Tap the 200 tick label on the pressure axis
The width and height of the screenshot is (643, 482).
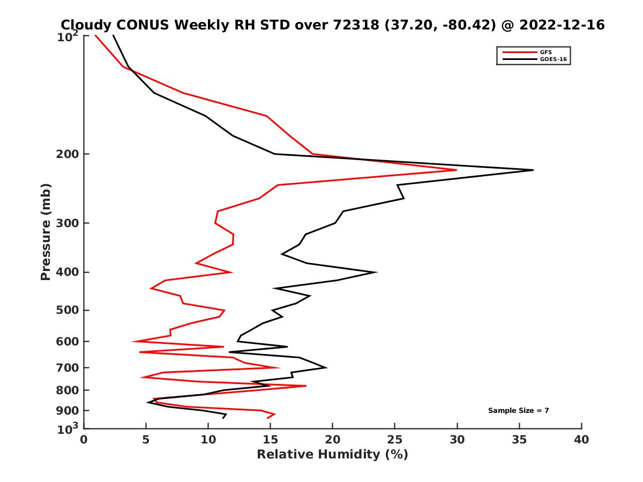tap(68, 154)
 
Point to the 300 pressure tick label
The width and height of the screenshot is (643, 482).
tap(68, 223)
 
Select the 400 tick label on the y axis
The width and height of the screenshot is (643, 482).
tap(68, 272)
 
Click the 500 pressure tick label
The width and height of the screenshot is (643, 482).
tap(68, 310)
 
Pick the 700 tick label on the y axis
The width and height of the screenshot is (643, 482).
tap(68, 367)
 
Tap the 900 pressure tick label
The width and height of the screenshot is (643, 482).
tap(68, 411)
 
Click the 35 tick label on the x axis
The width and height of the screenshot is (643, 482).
tap(519, 440)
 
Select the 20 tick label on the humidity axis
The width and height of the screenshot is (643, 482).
tap(332, 440)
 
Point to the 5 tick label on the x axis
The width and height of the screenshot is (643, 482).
tap(146, 440)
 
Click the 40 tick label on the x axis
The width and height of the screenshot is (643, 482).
tap(581, 440)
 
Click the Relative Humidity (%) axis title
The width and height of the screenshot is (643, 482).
tap(332, 455)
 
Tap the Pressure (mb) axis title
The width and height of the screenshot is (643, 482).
tap(46, 231)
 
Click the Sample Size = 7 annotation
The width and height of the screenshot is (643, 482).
tap(518, 411)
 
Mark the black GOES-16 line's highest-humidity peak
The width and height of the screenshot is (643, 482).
tap(533, 170)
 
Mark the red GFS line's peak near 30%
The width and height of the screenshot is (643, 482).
tap(457, 170)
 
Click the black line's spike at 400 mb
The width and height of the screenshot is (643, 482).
tap(377, 272)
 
